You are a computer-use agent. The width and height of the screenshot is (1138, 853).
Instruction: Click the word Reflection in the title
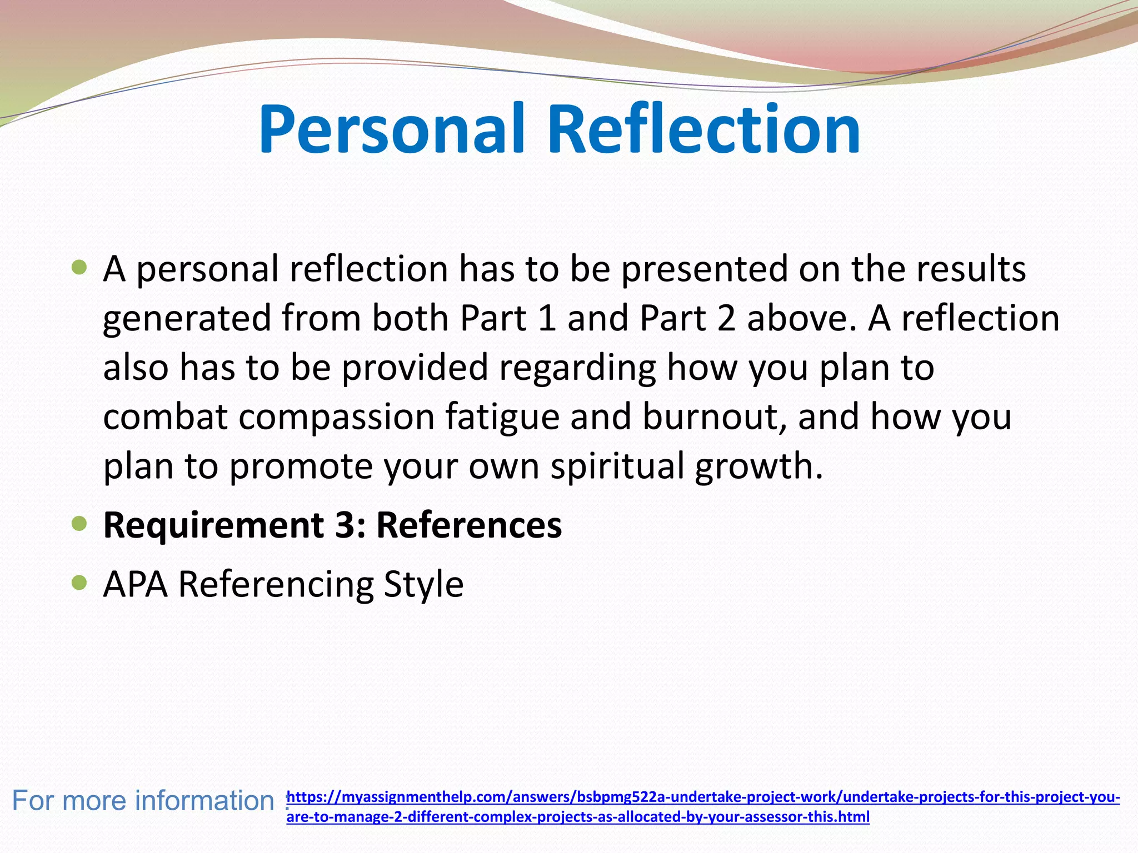(x=704, y=129)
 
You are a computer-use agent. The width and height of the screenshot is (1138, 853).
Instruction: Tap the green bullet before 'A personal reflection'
(x=80, y=268)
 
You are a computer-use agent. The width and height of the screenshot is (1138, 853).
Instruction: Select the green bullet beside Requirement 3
(x=80, y=523)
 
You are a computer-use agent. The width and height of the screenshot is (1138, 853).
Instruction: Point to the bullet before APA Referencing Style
(x=80, y=583)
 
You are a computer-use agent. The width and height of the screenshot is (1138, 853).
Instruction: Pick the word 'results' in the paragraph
(x=970, y=268)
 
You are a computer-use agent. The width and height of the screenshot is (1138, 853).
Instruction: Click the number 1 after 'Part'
(x=547, y=318)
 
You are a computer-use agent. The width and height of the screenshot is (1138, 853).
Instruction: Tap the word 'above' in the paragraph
(x=797, y=318)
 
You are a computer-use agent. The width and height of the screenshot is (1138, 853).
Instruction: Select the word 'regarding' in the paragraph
(x=577, y=369)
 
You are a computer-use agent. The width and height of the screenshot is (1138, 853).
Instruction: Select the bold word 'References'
(x=469, y=524)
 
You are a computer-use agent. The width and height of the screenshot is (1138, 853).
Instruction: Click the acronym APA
(x=136, y=584)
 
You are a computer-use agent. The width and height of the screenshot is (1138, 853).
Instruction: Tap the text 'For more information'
(x=143, y=801)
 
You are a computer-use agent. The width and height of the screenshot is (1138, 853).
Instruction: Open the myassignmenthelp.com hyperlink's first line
(x=703, y=797)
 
